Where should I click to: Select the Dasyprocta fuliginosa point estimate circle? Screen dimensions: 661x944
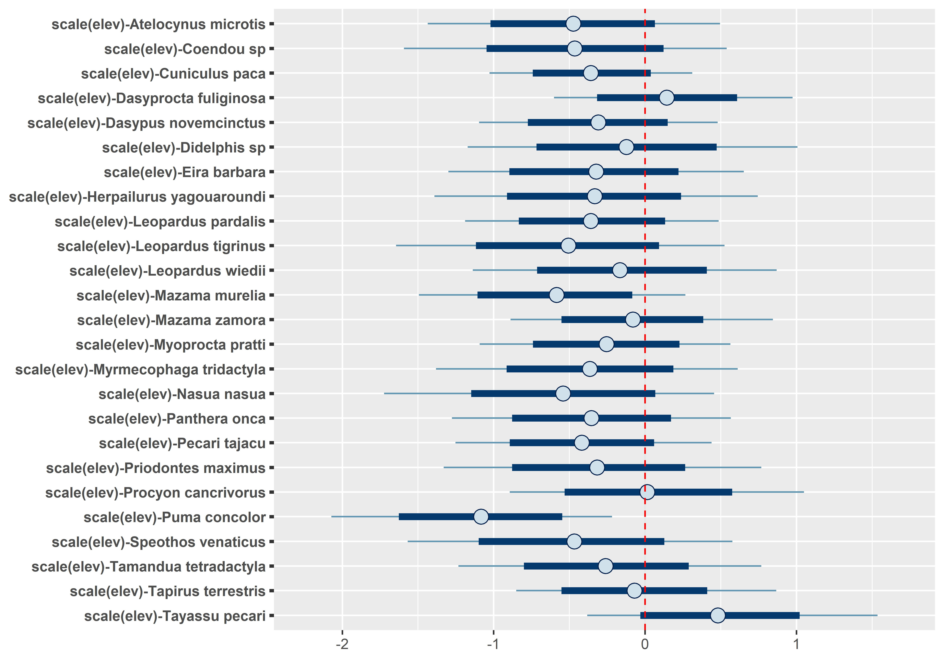pos(667,98)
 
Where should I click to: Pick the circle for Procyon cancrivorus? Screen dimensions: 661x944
pos(647,492)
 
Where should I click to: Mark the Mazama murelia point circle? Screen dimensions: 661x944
pos(556,295)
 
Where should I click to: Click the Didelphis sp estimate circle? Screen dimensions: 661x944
pos(626,147)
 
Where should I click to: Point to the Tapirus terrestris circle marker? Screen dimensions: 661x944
pos(634,591)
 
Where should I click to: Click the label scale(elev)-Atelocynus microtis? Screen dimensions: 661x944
pos(158,24)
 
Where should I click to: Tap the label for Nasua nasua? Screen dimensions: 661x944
pos(182,394)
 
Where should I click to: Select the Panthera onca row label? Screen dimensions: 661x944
pos(177,419)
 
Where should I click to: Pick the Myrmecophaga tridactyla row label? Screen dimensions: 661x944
pos(140,369)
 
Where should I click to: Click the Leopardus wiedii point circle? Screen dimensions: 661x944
pos(620,270)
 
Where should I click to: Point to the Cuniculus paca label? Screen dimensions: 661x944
pos(173,74)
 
